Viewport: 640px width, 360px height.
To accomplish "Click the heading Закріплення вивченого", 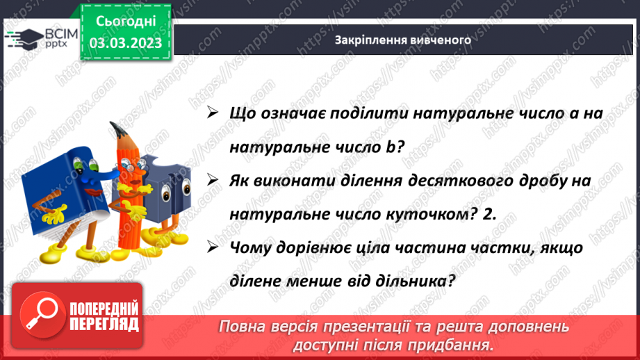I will pyautogui.click(x=403, y=40).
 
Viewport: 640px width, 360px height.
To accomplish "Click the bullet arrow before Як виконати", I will pyautogui.click(x=212, y=181).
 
